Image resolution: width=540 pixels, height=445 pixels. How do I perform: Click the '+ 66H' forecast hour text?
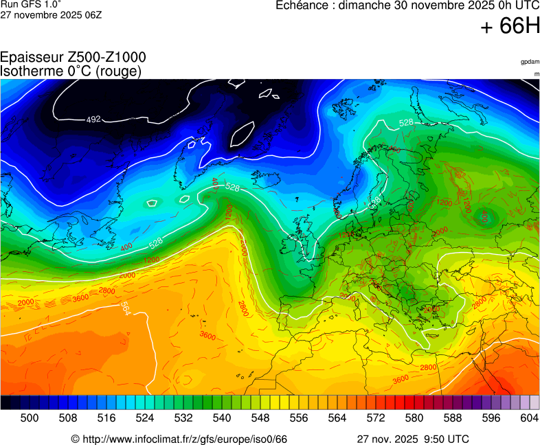(x=510, y=27)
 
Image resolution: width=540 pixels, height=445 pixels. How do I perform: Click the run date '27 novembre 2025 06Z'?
(x=51, y=14)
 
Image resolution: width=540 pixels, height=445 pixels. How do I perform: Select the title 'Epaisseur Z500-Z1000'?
(x=73, y=58)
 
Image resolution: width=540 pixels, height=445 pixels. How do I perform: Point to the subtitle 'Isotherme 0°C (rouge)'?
(x=71, y=71)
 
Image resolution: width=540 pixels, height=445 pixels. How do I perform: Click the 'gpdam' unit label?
(x=530, y=62)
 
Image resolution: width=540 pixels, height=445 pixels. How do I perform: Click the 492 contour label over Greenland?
(x=93, y=119)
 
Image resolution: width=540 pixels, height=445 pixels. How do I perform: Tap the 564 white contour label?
(x=125, y=308)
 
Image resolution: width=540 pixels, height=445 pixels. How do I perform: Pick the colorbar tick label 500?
(x=30, y=417)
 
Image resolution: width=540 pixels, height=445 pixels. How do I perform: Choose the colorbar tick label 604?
(x=530, y=417)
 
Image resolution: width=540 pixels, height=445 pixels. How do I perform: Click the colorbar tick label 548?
(x=260, y=417)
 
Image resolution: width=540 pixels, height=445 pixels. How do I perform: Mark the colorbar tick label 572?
(x=376, y=417)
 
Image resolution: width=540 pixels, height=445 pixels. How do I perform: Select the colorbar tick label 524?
(x=145, y=417)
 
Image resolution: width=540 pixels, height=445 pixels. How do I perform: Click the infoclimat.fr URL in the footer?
(x=179, y=439)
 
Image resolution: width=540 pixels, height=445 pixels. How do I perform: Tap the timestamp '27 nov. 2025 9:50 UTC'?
(x=413, y=439)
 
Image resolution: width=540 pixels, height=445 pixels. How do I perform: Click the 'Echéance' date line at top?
(x=407, y=6)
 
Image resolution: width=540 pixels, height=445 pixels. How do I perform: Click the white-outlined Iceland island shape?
(x=242, y=134)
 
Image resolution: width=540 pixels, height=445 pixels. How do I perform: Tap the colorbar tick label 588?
(x=453, y=417)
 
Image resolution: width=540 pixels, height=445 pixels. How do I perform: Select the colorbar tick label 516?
(x=106, y=417)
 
